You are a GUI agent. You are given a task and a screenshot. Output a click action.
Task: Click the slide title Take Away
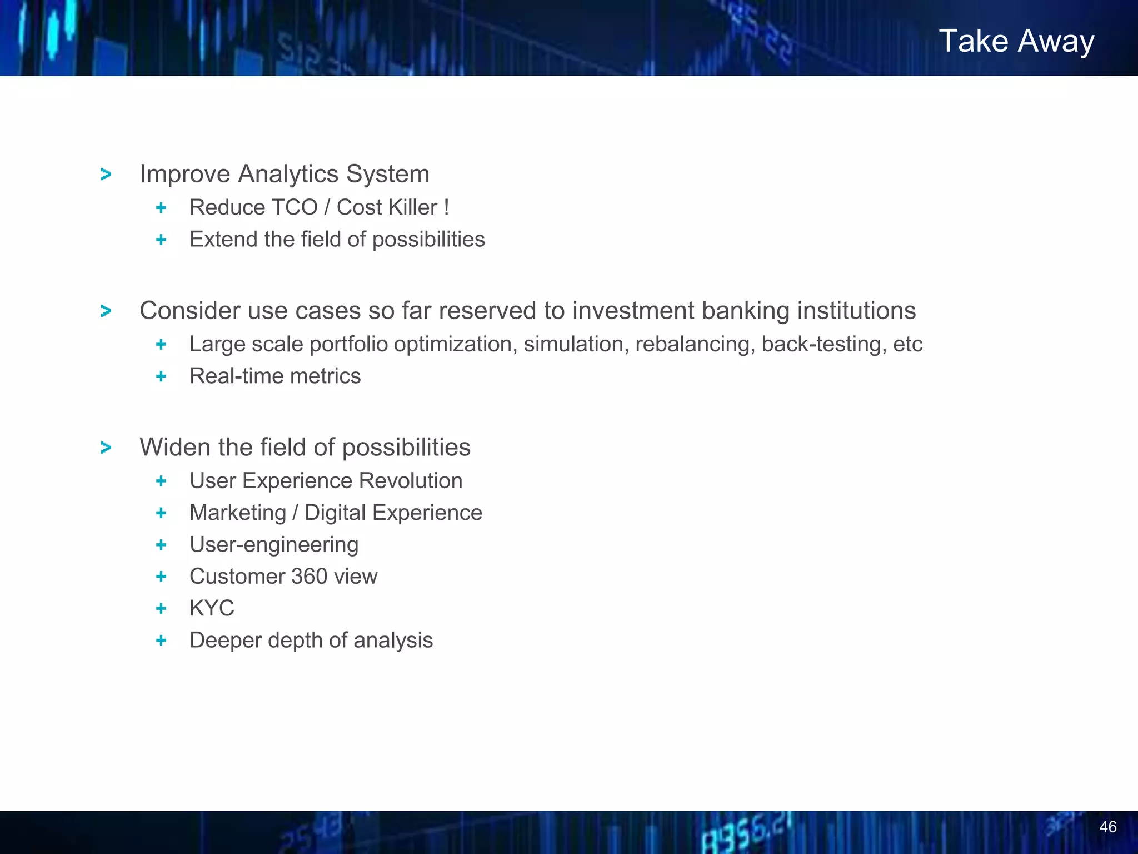point(1016,41)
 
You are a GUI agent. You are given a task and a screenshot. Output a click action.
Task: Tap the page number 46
point(1107,827)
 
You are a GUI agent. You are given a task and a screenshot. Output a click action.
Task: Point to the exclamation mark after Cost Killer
point(446,207)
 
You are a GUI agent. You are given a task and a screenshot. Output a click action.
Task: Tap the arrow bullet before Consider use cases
point(106,311)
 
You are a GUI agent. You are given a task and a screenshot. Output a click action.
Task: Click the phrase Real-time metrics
point(275,376)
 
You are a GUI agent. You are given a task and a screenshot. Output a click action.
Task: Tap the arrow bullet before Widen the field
point(106,448)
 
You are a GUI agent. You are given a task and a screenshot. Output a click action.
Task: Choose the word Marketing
point(237,513)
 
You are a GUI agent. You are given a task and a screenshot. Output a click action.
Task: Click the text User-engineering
point(274,545)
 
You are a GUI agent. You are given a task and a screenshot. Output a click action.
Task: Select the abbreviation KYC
point(212,608)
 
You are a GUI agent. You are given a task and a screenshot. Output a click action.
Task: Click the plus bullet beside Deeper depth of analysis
point(161,640)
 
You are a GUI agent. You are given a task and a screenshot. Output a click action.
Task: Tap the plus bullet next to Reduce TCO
point(161,208)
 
